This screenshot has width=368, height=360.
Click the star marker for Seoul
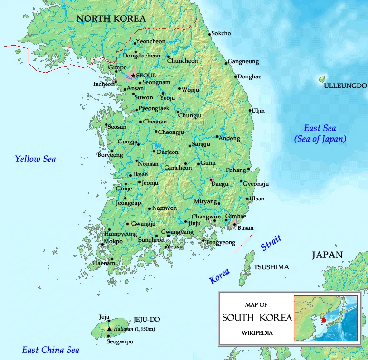pyautogui.click(x=133, y=76)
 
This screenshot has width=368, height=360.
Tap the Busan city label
pyautogui.click(x=245, y=228)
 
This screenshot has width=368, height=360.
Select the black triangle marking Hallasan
pyautogui.click(x=109, y=328)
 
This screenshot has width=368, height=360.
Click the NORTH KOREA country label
pyautogui.click(x=111, y=19)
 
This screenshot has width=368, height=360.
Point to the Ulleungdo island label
pyautogui.click(x=345, y=86)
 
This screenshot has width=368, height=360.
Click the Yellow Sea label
pyautogui.click(x=35, y=159)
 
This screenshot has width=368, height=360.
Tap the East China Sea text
pyautogui.click(x=51, y=350)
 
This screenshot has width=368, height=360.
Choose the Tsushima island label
pyautogui.click(x=271, y=267)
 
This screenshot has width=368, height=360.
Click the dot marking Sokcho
pyautogui.click(x=209, y=34)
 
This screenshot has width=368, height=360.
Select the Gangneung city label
pyautogui.click(x=243, y=62)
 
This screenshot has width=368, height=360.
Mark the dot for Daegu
pyautogui.click(x=211, y=180)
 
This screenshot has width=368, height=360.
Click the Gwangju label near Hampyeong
pyautogui.click(x=143, y=224)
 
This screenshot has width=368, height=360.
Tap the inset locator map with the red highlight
pyautogui.click(x=325, y=318)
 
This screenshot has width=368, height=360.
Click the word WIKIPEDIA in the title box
pyautogui.click(x=257, y=332)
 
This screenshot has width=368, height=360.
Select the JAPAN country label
pyautogui.click(x=327, y=255)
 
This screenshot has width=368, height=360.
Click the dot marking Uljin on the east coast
pyautogui.click(x=250, y=111)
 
